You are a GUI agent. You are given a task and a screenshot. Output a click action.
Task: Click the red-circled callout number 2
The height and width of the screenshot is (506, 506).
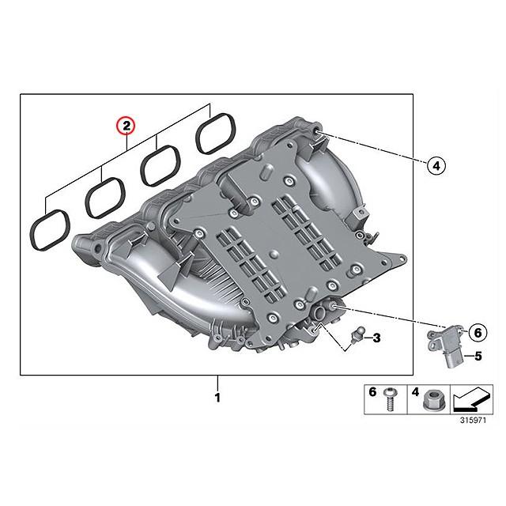pos(126,125)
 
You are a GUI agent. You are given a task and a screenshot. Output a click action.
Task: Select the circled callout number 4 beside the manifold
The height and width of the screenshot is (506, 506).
pos(436,165)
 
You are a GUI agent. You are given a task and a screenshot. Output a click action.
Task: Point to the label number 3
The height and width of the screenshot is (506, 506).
pos(376,338)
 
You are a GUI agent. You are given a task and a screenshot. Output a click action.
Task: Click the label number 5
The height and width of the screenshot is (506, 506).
pos(478,357)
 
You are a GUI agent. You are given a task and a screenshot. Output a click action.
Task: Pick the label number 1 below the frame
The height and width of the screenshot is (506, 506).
pos(217,397)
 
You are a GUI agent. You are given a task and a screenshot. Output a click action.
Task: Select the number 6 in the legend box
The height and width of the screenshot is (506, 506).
pos(372,392)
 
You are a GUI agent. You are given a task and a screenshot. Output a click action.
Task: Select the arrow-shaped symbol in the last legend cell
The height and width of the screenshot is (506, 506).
pos(471,398)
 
